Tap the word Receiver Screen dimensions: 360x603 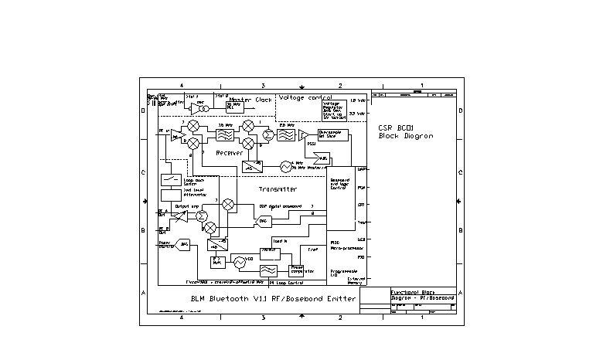[x=230, y=153]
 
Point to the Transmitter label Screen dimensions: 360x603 [x=278, y=188]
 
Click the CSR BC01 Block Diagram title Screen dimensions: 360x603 [x=406, y=131]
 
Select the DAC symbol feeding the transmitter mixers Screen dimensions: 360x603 [x=262, y=221]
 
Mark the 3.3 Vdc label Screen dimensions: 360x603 [x=357, y=114]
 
